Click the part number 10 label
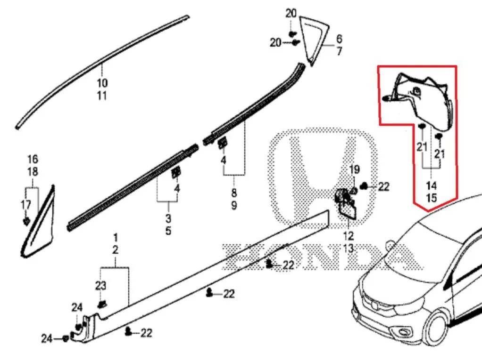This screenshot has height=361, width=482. (102, 83)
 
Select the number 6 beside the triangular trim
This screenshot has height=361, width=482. (339, 39)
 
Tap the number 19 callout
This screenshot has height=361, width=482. (354, 169)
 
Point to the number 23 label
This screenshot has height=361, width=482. (100, 286)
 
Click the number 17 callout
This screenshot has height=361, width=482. (26, 205)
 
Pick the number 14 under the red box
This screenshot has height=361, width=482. (431, 185)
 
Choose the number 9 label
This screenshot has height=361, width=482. (234, 205)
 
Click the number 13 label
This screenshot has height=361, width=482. (348, 249)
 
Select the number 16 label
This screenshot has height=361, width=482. (33, 159)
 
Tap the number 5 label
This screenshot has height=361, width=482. (168, 231)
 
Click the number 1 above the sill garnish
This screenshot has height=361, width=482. (115, 237)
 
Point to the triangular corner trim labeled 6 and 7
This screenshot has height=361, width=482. (314, 41)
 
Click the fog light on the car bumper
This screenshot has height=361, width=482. (403, 332)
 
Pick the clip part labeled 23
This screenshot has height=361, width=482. (102, 304)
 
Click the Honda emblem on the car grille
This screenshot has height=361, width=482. (374, 305)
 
